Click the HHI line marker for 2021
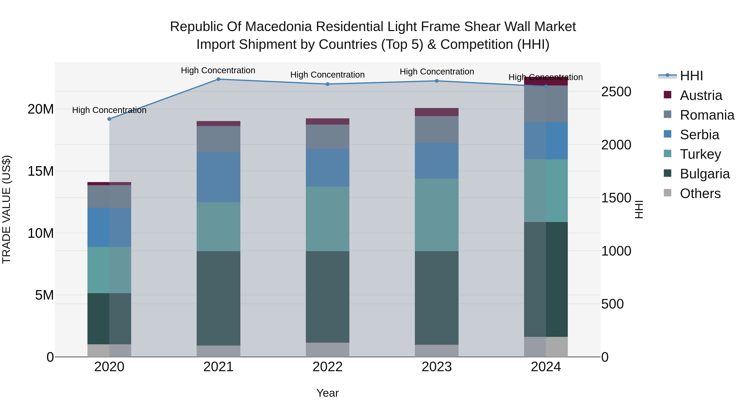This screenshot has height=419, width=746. tap(218, 79)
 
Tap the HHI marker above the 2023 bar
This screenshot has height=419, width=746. tap(437, 81)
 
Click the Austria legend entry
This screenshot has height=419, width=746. tap(701, 95)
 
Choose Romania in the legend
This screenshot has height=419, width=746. tap(707, 115)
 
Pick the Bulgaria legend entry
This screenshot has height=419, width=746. tap(705, 174)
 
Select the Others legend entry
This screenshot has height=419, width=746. tap(700, 193)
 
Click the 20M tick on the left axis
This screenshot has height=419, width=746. tap(41, 109)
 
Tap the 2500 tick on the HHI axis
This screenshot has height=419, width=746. tap(616, 92)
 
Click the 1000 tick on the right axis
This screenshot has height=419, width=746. tap(616, 251)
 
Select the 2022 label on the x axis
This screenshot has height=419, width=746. tap(328, 367)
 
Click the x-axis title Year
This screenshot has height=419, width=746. tap(328, 393)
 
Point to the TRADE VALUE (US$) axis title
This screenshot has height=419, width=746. tap(6, 209)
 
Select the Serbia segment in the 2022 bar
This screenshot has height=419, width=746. tap(328, 168)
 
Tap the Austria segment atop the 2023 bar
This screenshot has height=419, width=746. tap(437, 112)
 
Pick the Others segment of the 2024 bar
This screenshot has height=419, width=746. tap(546, 347)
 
